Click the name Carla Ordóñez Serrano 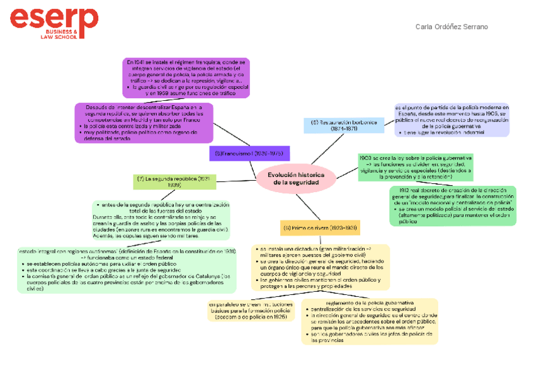click(452, 26)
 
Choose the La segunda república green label click(174, 181)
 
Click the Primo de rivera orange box click(319, 227)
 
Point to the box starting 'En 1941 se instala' click(187, 77)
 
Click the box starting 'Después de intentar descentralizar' click(144, 123)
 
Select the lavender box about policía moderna click(452, 120)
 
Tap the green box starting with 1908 click(415, 167)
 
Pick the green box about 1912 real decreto click(452, 205)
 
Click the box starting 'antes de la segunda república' click(161, 220)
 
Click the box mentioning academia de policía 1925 click(251, 310)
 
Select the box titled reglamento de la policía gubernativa click(370, 321)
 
